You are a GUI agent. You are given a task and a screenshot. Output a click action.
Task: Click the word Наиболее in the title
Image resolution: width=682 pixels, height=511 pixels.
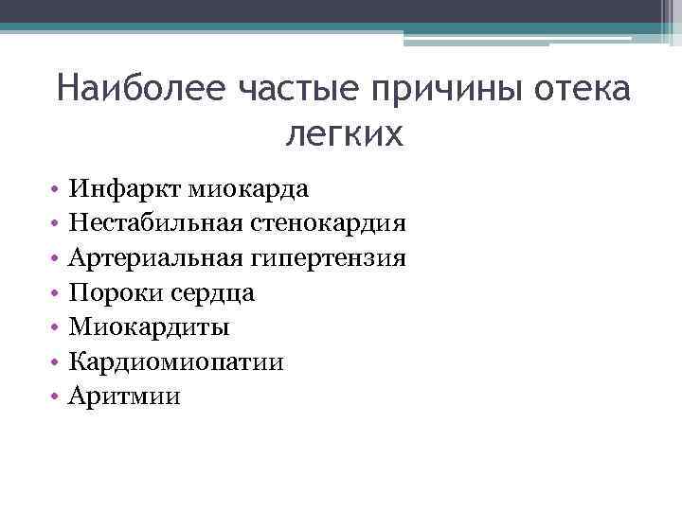click(139, 93)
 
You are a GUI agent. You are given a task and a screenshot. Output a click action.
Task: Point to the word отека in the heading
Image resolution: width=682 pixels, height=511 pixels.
click(581, 93)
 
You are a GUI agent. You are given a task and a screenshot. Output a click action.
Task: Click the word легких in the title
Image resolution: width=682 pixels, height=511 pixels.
click(344, 135)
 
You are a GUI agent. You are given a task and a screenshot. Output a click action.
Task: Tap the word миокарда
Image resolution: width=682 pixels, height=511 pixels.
click(248, 189)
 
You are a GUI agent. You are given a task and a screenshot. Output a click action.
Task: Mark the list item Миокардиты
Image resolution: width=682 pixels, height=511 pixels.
click(149, 327)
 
